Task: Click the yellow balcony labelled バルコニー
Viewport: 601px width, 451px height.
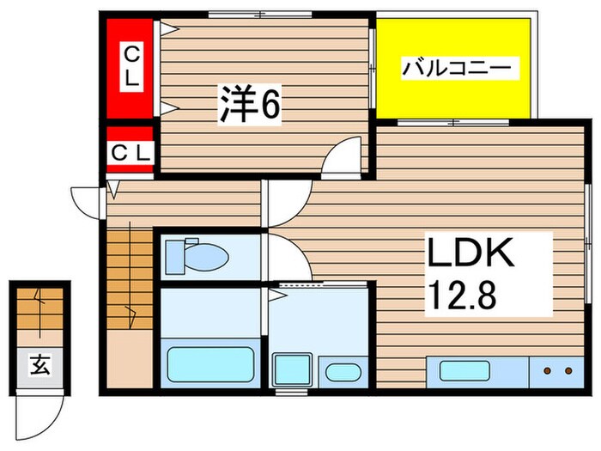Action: (453, 67)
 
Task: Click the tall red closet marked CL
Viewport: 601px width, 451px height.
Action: (131, 66)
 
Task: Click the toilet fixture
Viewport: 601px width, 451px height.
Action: (196, 255)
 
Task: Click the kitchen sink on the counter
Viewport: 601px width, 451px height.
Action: (464, 372)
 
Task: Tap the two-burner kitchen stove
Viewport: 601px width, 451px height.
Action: (557, 372)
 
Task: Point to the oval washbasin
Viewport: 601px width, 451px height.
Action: (343, 372)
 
